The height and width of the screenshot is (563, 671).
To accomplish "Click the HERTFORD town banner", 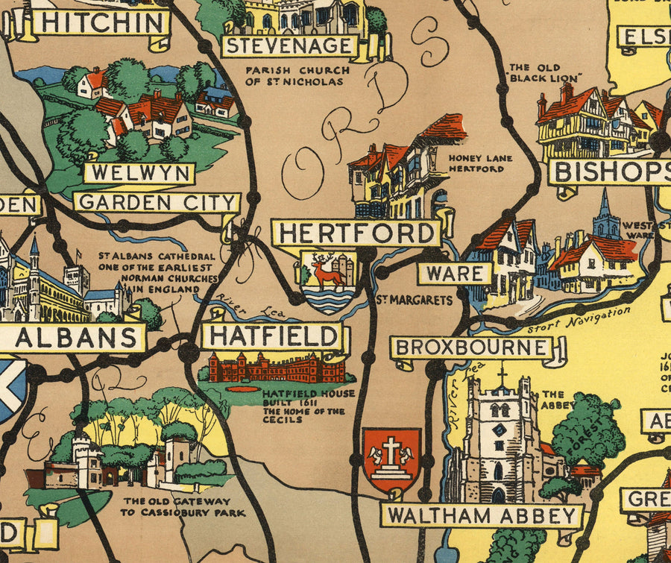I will pyautogui.click(x=356, y=233).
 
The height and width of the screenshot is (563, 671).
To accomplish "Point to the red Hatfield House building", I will pyautogui.click(x=277, y=368).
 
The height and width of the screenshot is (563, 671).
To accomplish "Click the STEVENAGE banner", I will pyautogui.click(x=289, y=45).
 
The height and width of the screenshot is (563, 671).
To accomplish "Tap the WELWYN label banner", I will pyautogui.click(x=139, y=173).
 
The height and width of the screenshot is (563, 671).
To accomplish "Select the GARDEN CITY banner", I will pyautogui.click(x=157, y=202).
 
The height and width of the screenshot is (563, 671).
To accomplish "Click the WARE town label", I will pyautogui.click(x=454, y=273).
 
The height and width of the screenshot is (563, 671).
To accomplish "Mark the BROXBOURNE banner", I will pyautogui.click(x=471, y=347).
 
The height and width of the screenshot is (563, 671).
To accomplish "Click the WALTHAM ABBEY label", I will pyautogui.click(x=481, y=515).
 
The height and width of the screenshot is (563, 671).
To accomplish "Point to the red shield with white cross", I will pyautogui.click(x=391, y=459).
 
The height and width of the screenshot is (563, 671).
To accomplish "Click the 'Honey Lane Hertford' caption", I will pyautogui.click(x=476, y=163).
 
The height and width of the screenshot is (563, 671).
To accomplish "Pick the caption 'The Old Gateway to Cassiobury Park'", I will pyautogui.click(x=177, y=506).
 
